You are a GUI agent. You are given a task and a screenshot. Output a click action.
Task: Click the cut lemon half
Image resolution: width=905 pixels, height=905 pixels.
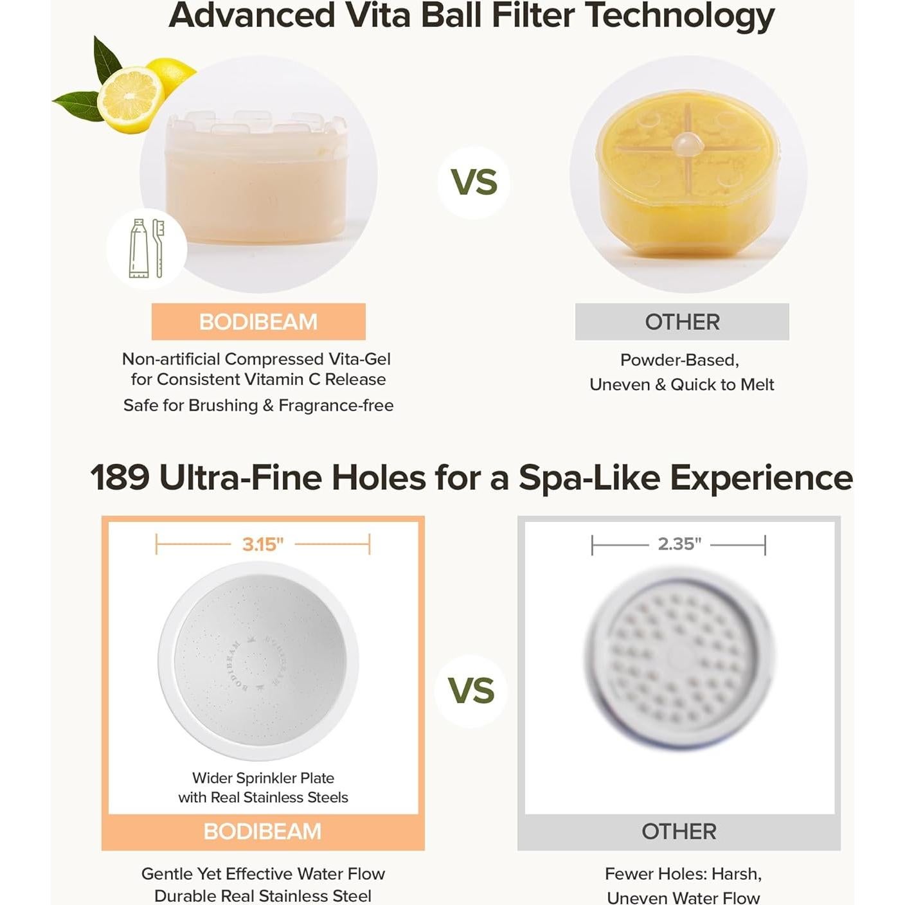[x=130, y=100]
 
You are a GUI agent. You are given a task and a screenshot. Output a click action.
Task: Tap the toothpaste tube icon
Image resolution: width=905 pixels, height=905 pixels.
[x=139, y=248]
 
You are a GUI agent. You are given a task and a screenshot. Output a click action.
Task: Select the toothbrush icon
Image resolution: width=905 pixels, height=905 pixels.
[x=159, y=248]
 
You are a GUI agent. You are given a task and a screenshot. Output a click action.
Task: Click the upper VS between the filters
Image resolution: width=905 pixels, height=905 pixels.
[x=474, y=182]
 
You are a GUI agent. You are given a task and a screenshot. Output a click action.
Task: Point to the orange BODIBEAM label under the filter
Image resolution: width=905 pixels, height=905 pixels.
[x=258, y=322]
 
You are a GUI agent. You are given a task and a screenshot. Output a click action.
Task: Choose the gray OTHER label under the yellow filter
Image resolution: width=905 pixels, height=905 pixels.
[x=682, y=322]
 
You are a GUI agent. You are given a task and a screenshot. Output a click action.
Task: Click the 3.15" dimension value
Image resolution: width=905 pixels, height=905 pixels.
[x=263, y=544]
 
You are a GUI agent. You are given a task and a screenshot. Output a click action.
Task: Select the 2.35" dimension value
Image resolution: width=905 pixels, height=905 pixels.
[x=679, y=544]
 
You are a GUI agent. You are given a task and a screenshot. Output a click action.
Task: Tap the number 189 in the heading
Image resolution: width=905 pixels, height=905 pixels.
[x=120, y=478]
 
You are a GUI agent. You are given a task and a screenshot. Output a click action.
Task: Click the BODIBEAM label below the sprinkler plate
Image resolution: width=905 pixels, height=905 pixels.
[x=262, y=831]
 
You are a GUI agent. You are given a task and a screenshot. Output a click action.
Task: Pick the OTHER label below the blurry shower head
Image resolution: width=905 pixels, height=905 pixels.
[x=679, y=831]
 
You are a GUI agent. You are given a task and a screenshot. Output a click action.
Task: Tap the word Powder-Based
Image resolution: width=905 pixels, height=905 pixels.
[x=679, y=360]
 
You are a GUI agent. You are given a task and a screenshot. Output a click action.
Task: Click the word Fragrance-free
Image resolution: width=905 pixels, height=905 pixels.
[x=336, y=406]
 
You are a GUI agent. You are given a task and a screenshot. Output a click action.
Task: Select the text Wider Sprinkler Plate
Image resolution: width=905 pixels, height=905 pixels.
[x=263, y=778]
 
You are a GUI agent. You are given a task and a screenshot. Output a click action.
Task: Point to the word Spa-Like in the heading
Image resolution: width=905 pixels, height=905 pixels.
[x=589, y=478]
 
